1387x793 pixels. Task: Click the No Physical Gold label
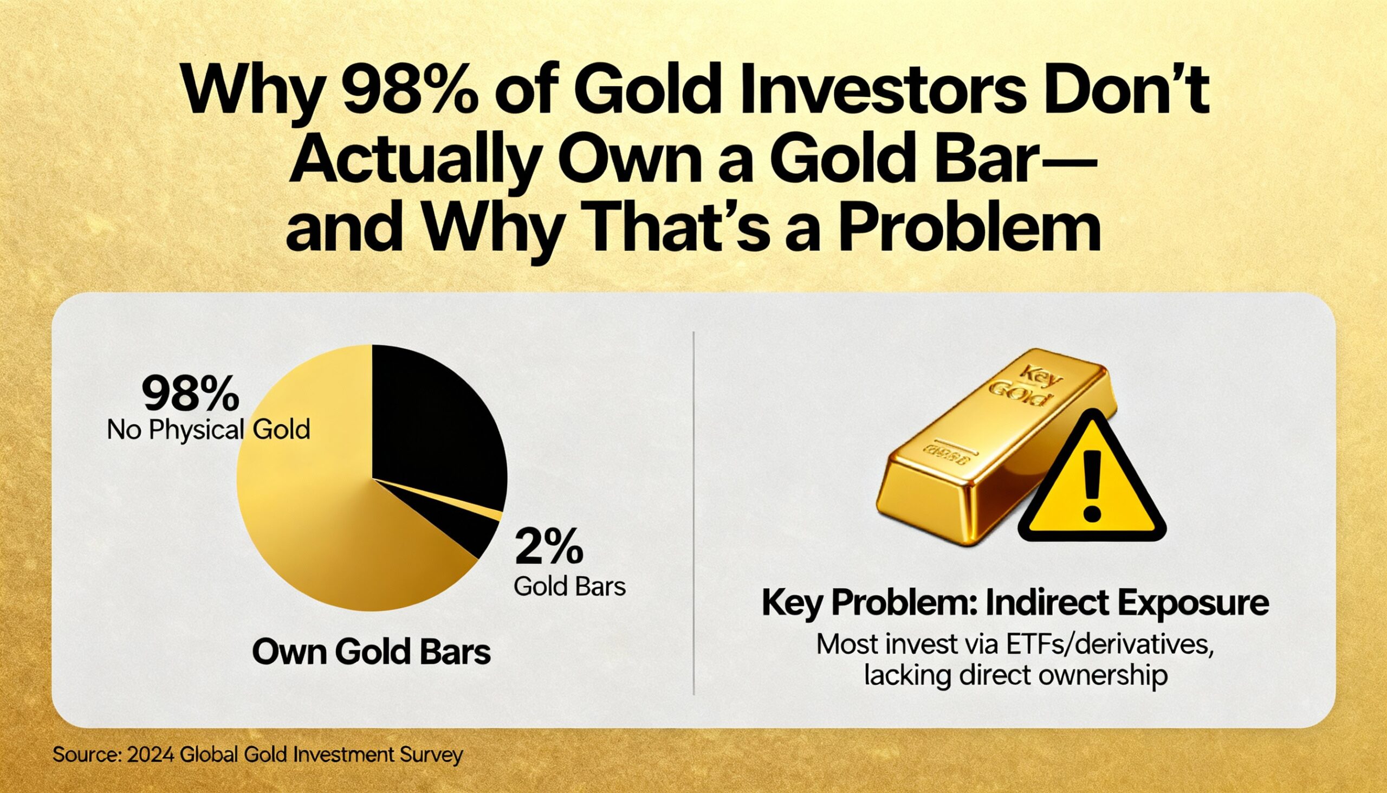pyautogui.click(x=209, y=430)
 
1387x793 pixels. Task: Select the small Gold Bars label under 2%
pyautogui.click(x=569, y=586)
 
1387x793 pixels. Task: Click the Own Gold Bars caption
pyautogui.click(x=372, y=652)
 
